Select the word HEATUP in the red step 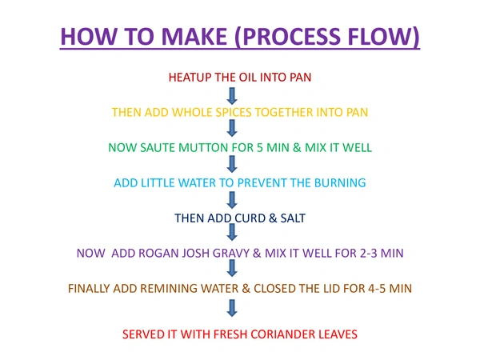coord(192,78)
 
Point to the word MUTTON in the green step coord(218,148)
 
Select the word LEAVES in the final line coord(337,333)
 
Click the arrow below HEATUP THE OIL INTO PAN coord(232,95)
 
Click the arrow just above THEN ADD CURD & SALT coord(232,201)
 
